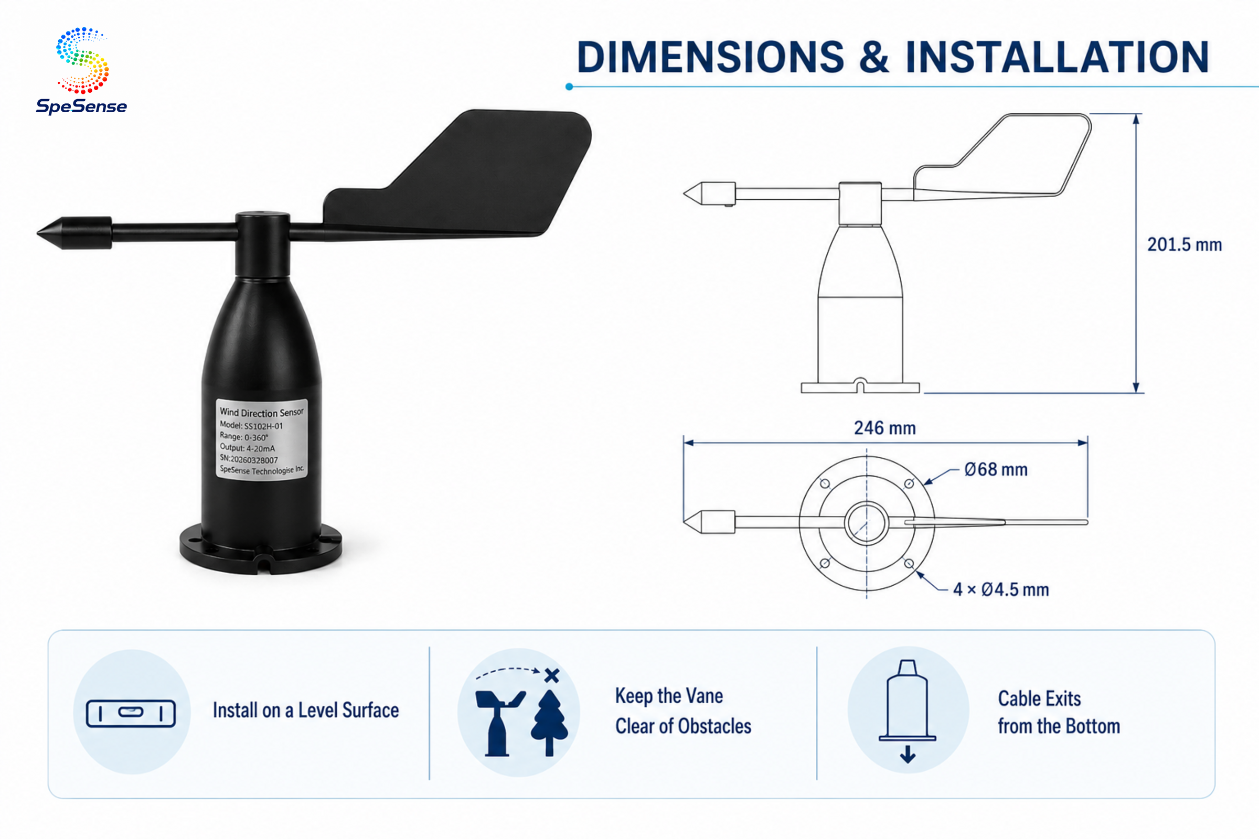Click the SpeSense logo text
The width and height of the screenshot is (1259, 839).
(81, 106)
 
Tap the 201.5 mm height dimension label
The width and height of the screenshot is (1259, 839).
(1185, 244)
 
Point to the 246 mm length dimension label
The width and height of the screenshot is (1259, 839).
(885, 428)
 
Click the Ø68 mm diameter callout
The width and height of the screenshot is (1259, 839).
(996, 469)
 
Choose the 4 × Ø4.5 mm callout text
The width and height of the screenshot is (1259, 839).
(1001, 589)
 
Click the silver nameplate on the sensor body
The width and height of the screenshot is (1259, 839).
(261, 439)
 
